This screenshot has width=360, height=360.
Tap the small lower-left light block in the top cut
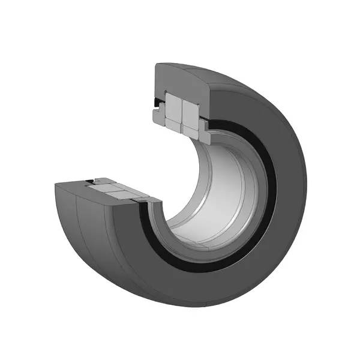tap(172, 125)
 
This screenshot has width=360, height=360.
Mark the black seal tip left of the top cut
tap(158, 104)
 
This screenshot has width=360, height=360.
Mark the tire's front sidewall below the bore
tap(198, 282)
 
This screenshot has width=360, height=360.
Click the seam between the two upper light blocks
tap(182, 109)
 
